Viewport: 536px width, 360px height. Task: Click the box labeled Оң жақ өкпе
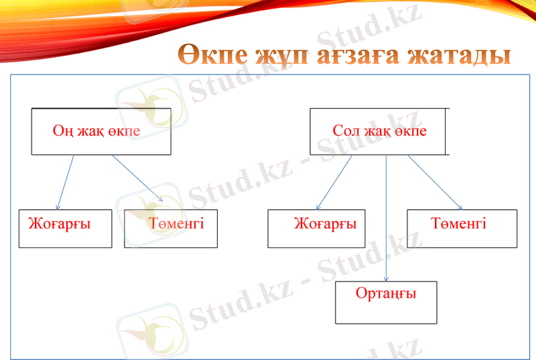(101, 131)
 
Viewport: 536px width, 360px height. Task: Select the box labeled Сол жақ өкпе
(379, 131)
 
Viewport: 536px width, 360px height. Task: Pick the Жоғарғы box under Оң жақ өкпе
(65, 229)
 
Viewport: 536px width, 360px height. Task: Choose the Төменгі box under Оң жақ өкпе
(171, 229)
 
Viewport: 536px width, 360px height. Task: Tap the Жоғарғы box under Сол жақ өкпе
(316, 229)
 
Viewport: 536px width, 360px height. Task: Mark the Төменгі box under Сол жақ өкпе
(462, 229)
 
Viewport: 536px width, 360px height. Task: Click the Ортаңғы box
(386, 302)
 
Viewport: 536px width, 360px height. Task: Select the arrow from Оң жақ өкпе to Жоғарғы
(66, 182)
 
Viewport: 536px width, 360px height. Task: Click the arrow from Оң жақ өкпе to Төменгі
(137, 178)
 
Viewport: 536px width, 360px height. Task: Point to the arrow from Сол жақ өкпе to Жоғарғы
(334, 182)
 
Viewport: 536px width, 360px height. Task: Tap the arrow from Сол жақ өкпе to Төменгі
(435, 182)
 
